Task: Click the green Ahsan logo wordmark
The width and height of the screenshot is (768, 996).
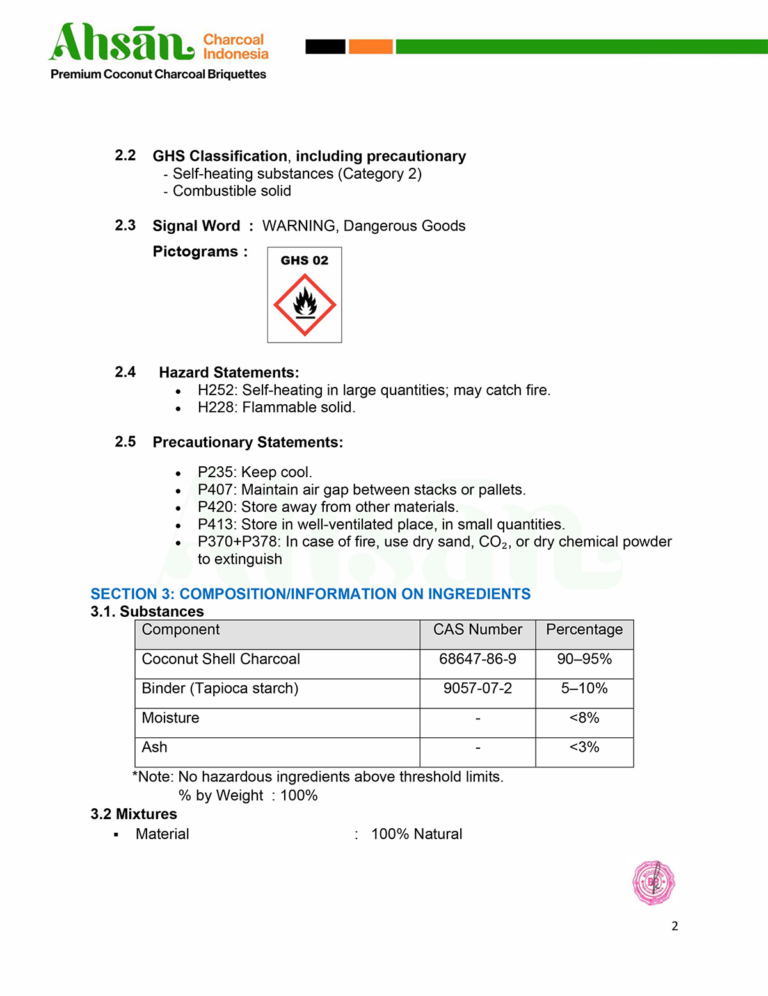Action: pos(122,43)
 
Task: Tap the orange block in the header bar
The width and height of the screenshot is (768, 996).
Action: pos(371,46)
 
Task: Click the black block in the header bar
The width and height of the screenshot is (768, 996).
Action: pos(325,46)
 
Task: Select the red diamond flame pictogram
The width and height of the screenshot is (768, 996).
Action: pos(305,305)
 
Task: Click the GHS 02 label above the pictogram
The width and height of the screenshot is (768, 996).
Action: pos(305,260)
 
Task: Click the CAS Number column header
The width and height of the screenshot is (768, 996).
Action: pos(477,630)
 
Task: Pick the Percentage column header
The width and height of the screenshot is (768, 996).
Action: pos(584,630)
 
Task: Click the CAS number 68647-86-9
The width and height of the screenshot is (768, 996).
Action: pos(477,659)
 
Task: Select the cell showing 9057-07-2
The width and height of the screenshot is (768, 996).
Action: pos(477,689)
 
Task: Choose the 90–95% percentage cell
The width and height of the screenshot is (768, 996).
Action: pos(584,659)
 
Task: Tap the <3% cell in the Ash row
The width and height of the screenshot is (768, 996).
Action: pos(584,747)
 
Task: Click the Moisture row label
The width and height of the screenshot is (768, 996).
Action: pos(171,718)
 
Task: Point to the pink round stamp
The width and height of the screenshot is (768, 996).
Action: pos(653,883)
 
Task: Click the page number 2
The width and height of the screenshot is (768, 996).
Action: pos(675,926)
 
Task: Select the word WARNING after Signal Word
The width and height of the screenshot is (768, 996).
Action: pos(299,226)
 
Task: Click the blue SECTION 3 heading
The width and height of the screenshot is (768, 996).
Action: pos(310,594)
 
